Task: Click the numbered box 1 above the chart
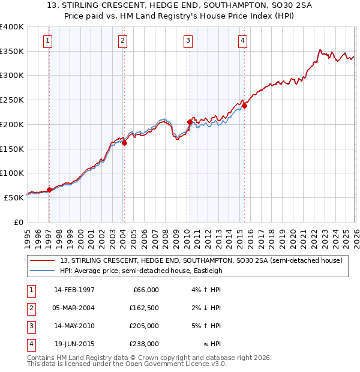pyautogui.click(x=47, y=41)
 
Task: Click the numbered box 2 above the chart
pyautogui.click(x=122, y=41)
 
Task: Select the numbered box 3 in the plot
pyautogui.click(x=188, y=41)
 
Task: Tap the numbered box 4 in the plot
pyautogui.click(x=242, y=41)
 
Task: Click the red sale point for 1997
pyautogui.click(x=49, y=190)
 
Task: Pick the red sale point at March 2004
pyautogui.click(x=124, y=143)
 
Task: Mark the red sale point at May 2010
pyautogui.click(x=190, y=122)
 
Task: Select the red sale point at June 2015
pyautogui.click(x=244, y=106)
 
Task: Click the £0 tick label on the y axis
pyautogui.click(x=17, y=222)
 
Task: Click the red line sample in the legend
pyautogui.click(x=43, y=260)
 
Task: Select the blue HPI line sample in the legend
pyautogui.click(x=43, y=271)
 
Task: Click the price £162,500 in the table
pyautogui.click(x=145, y=308)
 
